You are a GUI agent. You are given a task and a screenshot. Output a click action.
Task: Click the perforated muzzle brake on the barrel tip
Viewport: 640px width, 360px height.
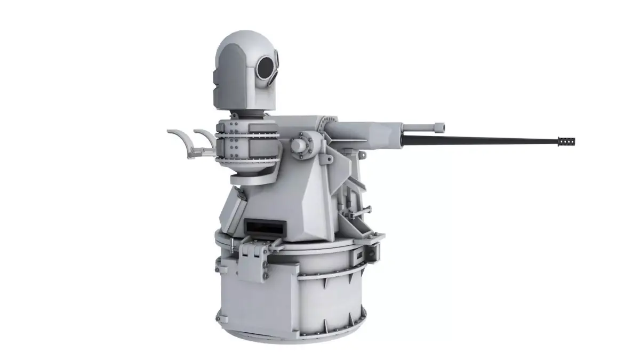point(566,141)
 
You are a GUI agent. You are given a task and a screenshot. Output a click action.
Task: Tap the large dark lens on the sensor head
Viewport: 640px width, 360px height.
point(265,66)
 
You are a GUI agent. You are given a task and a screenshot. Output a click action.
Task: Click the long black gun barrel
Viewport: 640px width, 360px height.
point(480,140)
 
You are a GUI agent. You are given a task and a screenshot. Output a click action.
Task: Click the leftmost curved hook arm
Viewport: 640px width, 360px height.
point(180,139)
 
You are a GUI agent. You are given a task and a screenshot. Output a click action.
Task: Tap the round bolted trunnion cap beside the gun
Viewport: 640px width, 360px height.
point(300,145)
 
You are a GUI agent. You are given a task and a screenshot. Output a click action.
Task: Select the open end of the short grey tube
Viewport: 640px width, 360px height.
point(439,127)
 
